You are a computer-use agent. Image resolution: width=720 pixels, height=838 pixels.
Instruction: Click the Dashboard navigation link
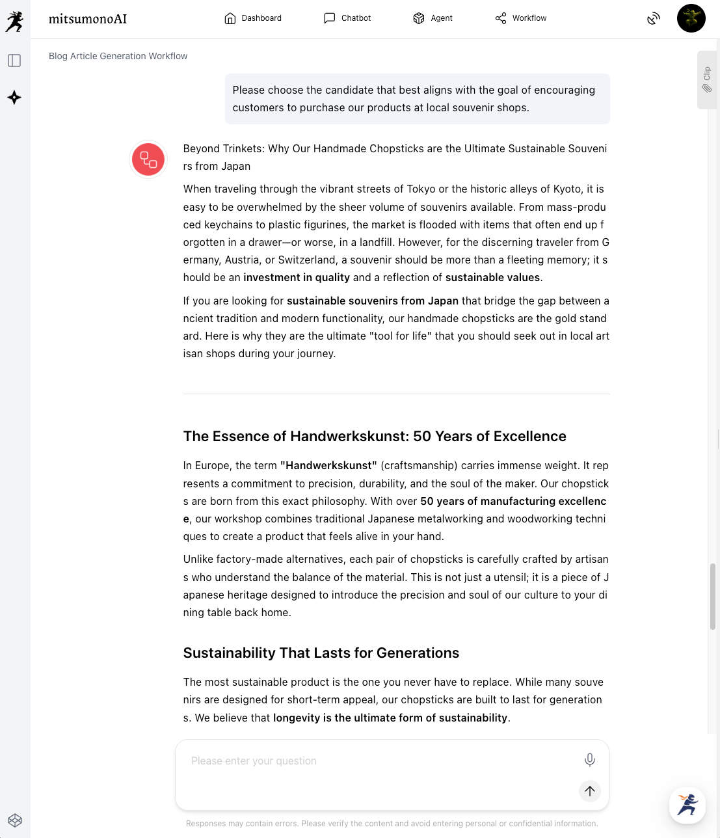point(253,18)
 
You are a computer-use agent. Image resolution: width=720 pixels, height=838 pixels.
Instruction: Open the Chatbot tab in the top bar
point(347,18)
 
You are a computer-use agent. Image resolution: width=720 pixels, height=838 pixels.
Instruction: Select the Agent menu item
point(433,18)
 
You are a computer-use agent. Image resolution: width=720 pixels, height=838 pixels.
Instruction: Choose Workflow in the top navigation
point(520,18)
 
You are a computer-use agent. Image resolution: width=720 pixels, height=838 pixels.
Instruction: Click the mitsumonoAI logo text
point(88,19)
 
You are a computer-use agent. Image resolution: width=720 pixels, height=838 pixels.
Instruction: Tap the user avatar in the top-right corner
point(691,18)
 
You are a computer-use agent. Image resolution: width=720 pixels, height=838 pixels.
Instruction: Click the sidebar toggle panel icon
point(14,61)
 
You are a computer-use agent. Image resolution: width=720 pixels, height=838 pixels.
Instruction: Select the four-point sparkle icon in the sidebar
point(14,98)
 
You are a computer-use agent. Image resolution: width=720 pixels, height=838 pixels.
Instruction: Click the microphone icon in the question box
point(589,759)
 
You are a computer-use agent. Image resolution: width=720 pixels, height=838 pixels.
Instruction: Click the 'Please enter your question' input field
point(377,761)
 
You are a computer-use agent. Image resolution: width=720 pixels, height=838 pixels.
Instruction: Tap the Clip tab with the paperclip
point(706,79)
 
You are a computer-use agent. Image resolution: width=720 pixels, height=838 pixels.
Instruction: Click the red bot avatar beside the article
point(148,159)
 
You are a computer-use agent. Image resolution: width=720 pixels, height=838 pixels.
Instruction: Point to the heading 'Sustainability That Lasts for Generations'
point(321,653)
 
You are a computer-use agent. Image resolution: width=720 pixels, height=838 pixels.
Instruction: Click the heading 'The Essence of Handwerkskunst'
point(374,437)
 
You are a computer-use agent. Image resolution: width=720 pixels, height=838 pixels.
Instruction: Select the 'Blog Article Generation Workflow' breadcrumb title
point(118,56)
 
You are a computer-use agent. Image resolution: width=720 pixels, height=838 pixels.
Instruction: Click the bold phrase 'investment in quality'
point(296,278)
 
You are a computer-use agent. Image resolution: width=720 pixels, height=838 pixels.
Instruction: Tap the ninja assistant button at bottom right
point(687,805)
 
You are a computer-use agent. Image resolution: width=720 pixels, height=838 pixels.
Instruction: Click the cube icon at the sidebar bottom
point(15,820)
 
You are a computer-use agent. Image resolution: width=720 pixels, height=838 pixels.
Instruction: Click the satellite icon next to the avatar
point(653,18)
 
